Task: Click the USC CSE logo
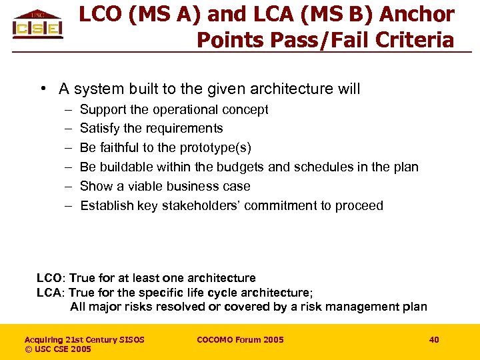tap(38, 25)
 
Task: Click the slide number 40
tap(434, 340)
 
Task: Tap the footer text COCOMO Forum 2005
tap(240, 340)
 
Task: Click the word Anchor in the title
tap(418, 14)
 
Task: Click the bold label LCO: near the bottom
tap(50, 278)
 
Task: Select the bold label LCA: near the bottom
tap(50, 293)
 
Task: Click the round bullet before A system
tap(42, 89)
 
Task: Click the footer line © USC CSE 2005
tap(58, 349)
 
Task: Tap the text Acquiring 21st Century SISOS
tap(85, 340)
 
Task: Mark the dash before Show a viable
tap(68, 186)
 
